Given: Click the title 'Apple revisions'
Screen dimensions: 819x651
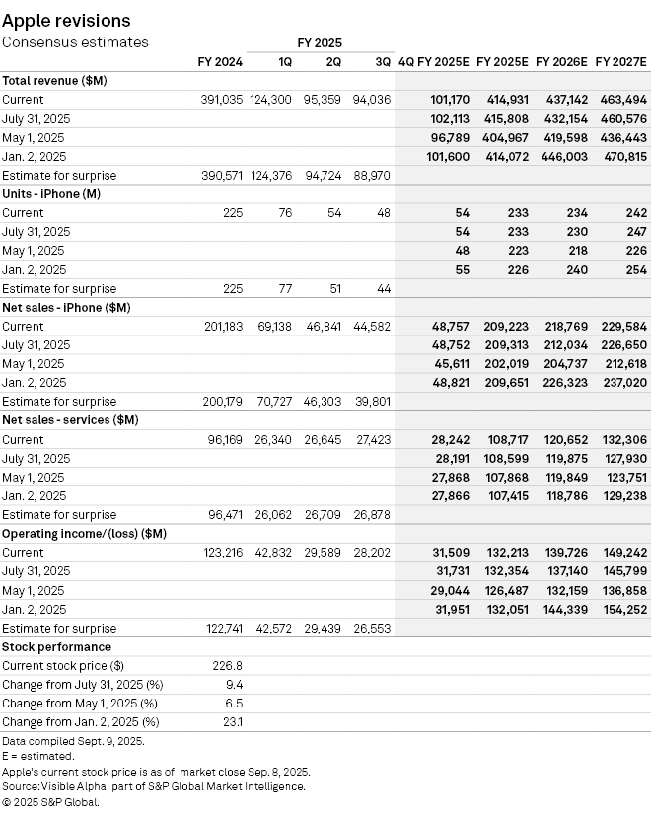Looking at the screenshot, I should tap(66, 20).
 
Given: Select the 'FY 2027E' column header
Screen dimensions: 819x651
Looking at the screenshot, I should tap(620, 61).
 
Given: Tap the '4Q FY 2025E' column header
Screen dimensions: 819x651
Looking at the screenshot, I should tap(433, 61).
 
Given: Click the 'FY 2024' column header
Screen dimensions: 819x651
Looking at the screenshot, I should tap(221, 61).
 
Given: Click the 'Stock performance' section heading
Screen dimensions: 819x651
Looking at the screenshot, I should tap(56, 647).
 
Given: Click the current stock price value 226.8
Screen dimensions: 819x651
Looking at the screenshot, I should tap(228, 666).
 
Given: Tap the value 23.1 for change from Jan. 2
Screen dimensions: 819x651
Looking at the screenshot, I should tap(233, 722).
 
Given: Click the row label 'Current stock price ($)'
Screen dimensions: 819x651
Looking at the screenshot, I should tap(63, 666).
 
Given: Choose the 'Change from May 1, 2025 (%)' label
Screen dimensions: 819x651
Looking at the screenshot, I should tap(79, 704).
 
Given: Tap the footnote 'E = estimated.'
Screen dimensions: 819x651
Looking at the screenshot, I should tap(38, 755).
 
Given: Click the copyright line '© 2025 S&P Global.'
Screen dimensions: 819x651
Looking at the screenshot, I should tap(50, 802).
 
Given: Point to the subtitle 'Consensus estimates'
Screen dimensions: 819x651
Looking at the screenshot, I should tap(75, 42).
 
